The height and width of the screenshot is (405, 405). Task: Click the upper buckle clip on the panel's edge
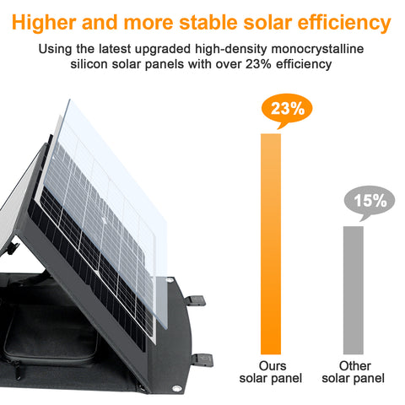pos(197,299)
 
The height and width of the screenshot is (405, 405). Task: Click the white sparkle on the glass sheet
pos(102,221)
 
